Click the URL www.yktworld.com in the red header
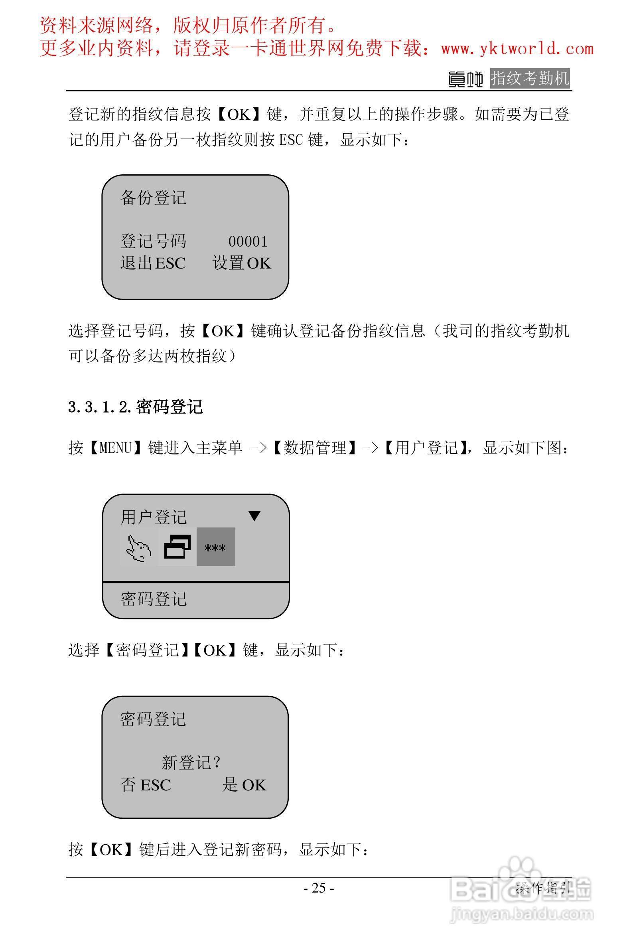[517, 49]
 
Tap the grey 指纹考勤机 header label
[530, 78]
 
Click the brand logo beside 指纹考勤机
[466, 79]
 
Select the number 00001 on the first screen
[248, 241]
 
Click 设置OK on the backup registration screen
[242, 263]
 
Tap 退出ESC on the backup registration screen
[153, 263]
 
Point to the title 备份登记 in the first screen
[154, 198]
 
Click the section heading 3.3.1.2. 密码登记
[136, 407]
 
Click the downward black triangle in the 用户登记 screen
[254, 516]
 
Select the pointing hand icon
[138, 548]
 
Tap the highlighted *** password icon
[216, 547]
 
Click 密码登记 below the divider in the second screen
[154, 599]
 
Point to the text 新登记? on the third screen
[191, 762]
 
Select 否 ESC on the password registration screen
[146, 785]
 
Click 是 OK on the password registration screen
[244, 785]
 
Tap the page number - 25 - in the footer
[319, 888]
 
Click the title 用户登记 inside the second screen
[154, 517]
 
